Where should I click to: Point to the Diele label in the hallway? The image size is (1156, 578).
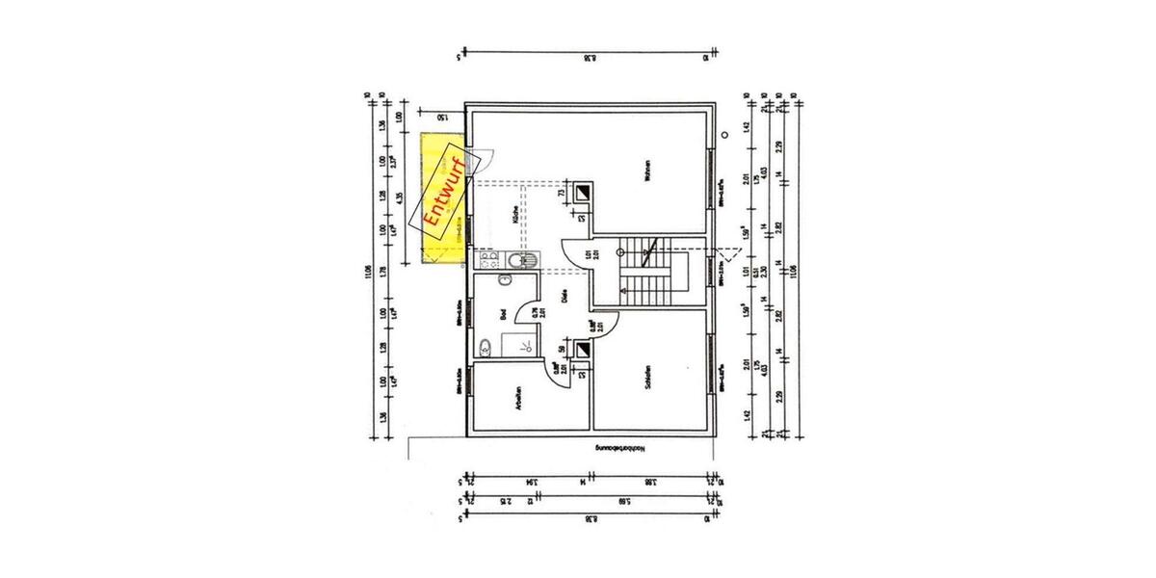point(564,299)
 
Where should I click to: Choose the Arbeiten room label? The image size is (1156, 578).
point(519,400)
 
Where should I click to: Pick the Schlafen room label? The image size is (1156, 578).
point(650,375)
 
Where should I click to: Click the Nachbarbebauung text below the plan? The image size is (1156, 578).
point(625,447)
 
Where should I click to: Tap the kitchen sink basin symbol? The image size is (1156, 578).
point(530,260)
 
